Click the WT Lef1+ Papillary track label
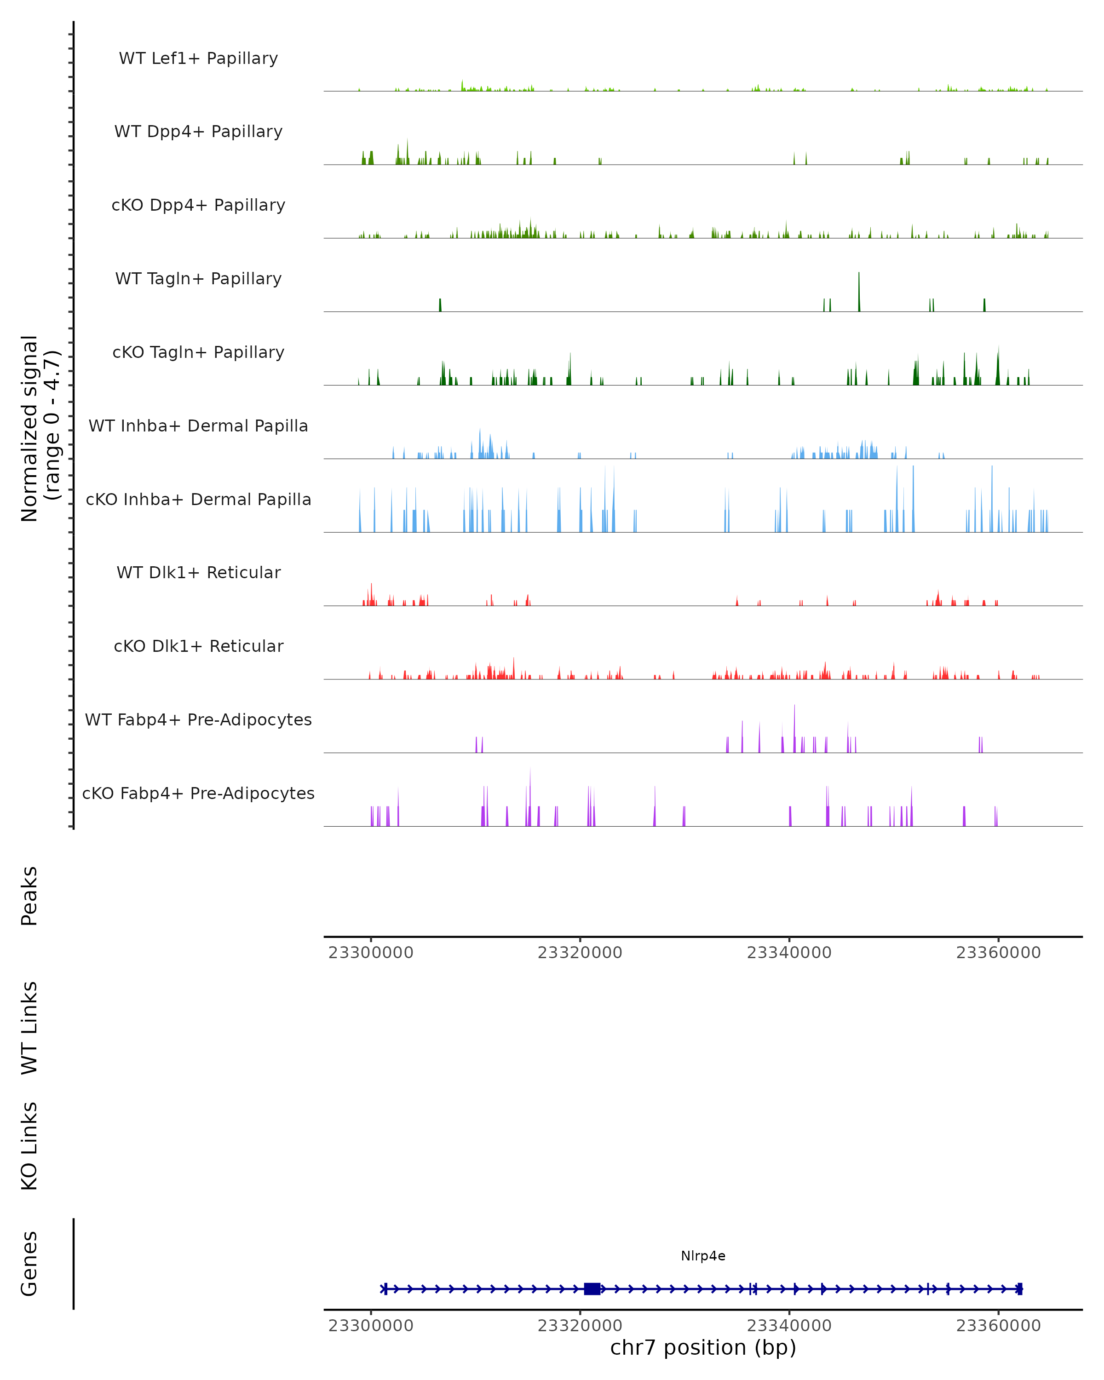tap(198, 58)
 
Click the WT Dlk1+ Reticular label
tap(198, 572)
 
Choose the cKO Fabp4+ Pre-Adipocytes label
tap(198, 793)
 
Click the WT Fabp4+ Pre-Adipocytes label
tap(198, 719)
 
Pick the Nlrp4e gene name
tap(703, 1256)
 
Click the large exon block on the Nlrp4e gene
tap(592, 1289)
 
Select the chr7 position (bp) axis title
tap(703, 1348)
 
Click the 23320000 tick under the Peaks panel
tap(580, 953)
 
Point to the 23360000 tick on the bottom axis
tap(998, 1326)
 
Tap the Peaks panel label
tap(29, 896)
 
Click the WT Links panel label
tap(29, 1027)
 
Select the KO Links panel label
tap(29, 1146)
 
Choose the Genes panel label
tap(29, 1264)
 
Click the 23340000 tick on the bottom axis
tap(789, 1326)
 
